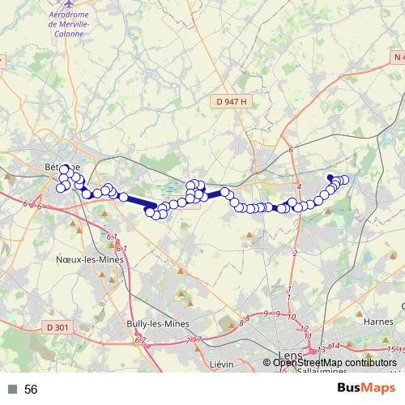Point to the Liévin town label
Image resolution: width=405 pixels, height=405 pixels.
pos(220,364)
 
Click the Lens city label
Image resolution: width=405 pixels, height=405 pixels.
pos(288,354)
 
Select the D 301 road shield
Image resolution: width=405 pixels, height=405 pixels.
pos(57,327)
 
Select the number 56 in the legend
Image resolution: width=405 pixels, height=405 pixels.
pos(32,389)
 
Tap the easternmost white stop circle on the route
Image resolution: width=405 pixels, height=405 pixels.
pos(345,180)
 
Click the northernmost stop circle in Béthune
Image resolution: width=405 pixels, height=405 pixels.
pos(64,169)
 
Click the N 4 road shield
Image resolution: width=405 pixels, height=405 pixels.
pos(396,58)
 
